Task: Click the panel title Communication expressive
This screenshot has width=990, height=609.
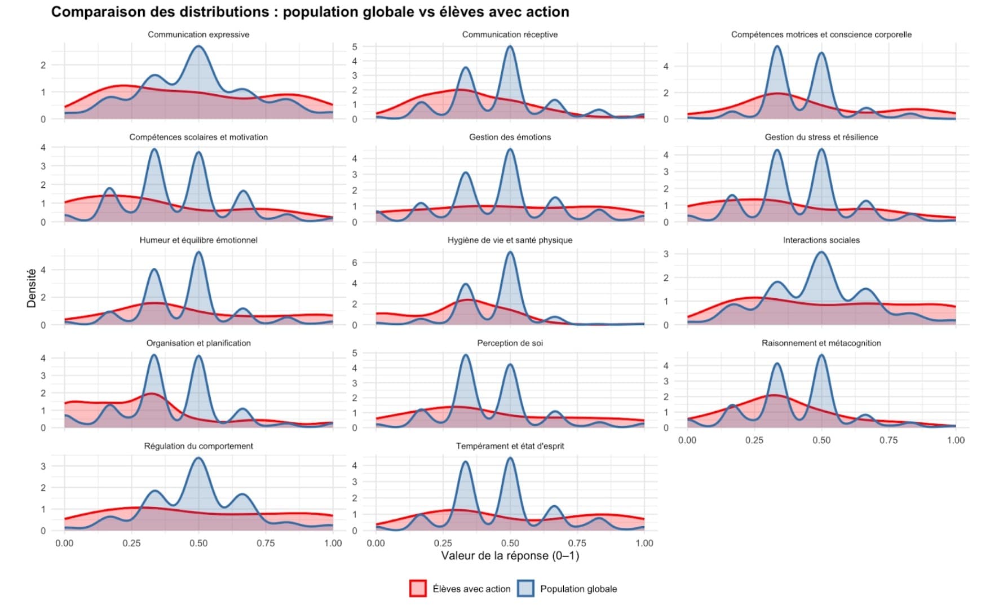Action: point(198,34)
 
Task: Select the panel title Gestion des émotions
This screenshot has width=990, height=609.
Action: point(510,137)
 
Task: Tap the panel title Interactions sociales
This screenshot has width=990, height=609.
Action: point(821,240)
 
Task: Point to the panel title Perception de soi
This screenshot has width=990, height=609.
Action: point(510,343)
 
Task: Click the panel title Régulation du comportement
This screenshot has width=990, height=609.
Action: point(198,446)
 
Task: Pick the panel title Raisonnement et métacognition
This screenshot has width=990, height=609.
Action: point(821,343)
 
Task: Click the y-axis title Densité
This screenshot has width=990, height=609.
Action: point(32,288)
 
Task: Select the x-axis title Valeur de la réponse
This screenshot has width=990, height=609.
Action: point(510,556)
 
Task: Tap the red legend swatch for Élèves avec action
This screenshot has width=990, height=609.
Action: point(418,589)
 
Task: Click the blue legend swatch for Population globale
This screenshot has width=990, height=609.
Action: point(525,589)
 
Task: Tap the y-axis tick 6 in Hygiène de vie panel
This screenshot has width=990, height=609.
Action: point(355,263)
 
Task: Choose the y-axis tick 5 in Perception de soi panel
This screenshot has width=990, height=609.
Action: point(355,353)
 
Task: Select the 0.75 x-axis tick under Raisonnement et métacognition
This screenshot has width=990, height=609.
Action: point(889,440)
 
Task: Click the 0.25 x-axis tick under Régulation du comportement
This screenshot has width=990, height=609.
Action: point(131,543)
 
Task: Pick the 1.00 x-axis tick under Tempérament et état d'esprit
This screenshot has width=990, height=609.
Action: point(644,543)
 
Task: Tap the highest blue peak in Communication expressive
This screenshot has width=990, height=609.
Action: point(198,46)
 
